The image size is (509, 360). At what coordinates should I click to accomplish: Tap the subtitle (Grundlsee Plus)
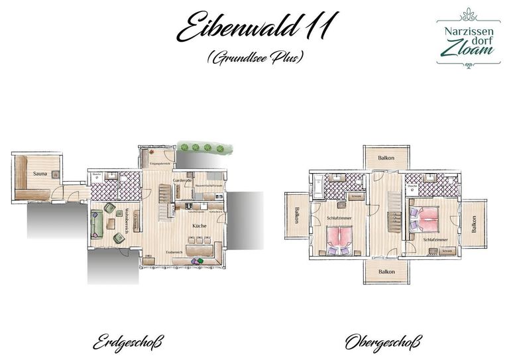point(254,58)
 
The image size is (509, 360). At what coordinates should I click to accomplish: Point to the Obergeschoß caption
point(382,343)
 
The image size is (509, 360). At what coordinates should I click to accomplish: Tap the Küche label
point(199,226)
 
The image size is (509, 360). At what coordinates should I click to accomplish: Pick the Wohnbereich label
point(123,219)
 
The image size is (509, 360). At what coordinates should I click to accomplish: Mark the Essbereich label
point(174,253)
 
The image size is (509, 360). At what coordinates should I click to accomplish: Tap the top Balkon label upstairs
point(386,158)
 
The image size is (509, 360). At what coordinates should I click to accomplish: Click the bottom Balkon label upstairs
point(386,272)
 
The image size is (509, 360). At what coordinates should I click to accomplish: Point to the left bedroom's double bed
point(340,239)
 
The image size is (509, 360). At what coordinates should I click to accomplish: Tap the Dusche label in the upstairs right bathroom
point(412,186)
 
